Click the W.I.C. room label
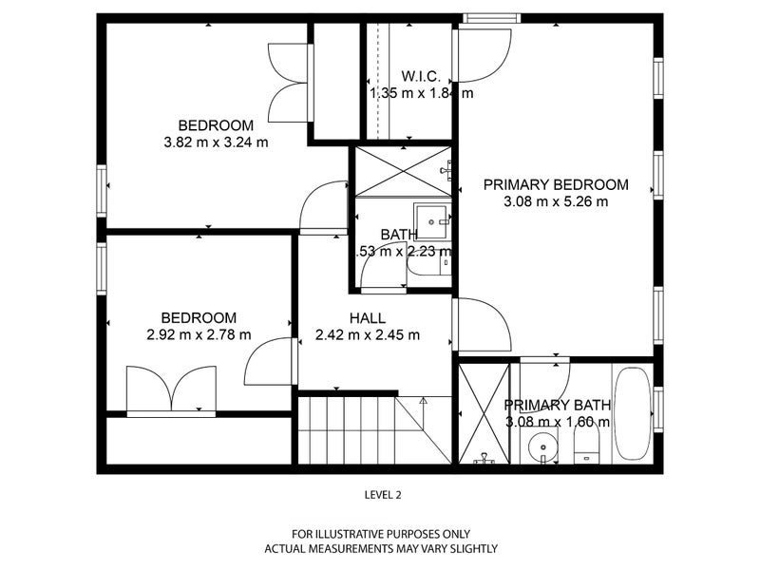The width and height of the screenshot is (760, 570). tap(418, 75)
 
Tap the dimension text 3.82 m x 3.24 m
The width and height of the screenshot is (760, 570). tap(216, 142)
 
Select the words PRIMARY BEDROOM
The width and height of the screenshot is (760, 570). tap(556, 184)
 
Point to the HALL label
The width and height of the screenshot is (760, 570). tap(368, 318)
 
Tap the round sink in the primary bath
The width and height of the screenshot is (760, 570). tap(542, 444)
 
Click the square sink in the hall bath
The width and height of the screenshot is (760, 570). tap(433, 221)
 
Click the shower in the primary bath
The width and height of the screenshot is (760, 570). tap(484, 413)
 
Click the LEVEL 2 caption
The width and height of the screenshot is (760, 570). tap(383, 494)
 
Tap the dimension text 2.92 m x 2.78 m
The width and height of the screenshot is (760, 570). tap(199, 334)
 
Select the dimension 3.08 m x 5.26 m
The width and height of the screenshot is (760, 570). tap(556, 201)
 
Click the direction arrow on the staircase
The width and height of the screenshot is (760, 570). tap(424, 403)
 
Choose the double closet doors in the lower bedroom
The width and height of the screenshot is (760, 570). tap(172, 389)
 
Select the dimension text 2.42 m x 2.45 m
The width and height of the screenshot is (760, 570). tap(368, 335)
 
